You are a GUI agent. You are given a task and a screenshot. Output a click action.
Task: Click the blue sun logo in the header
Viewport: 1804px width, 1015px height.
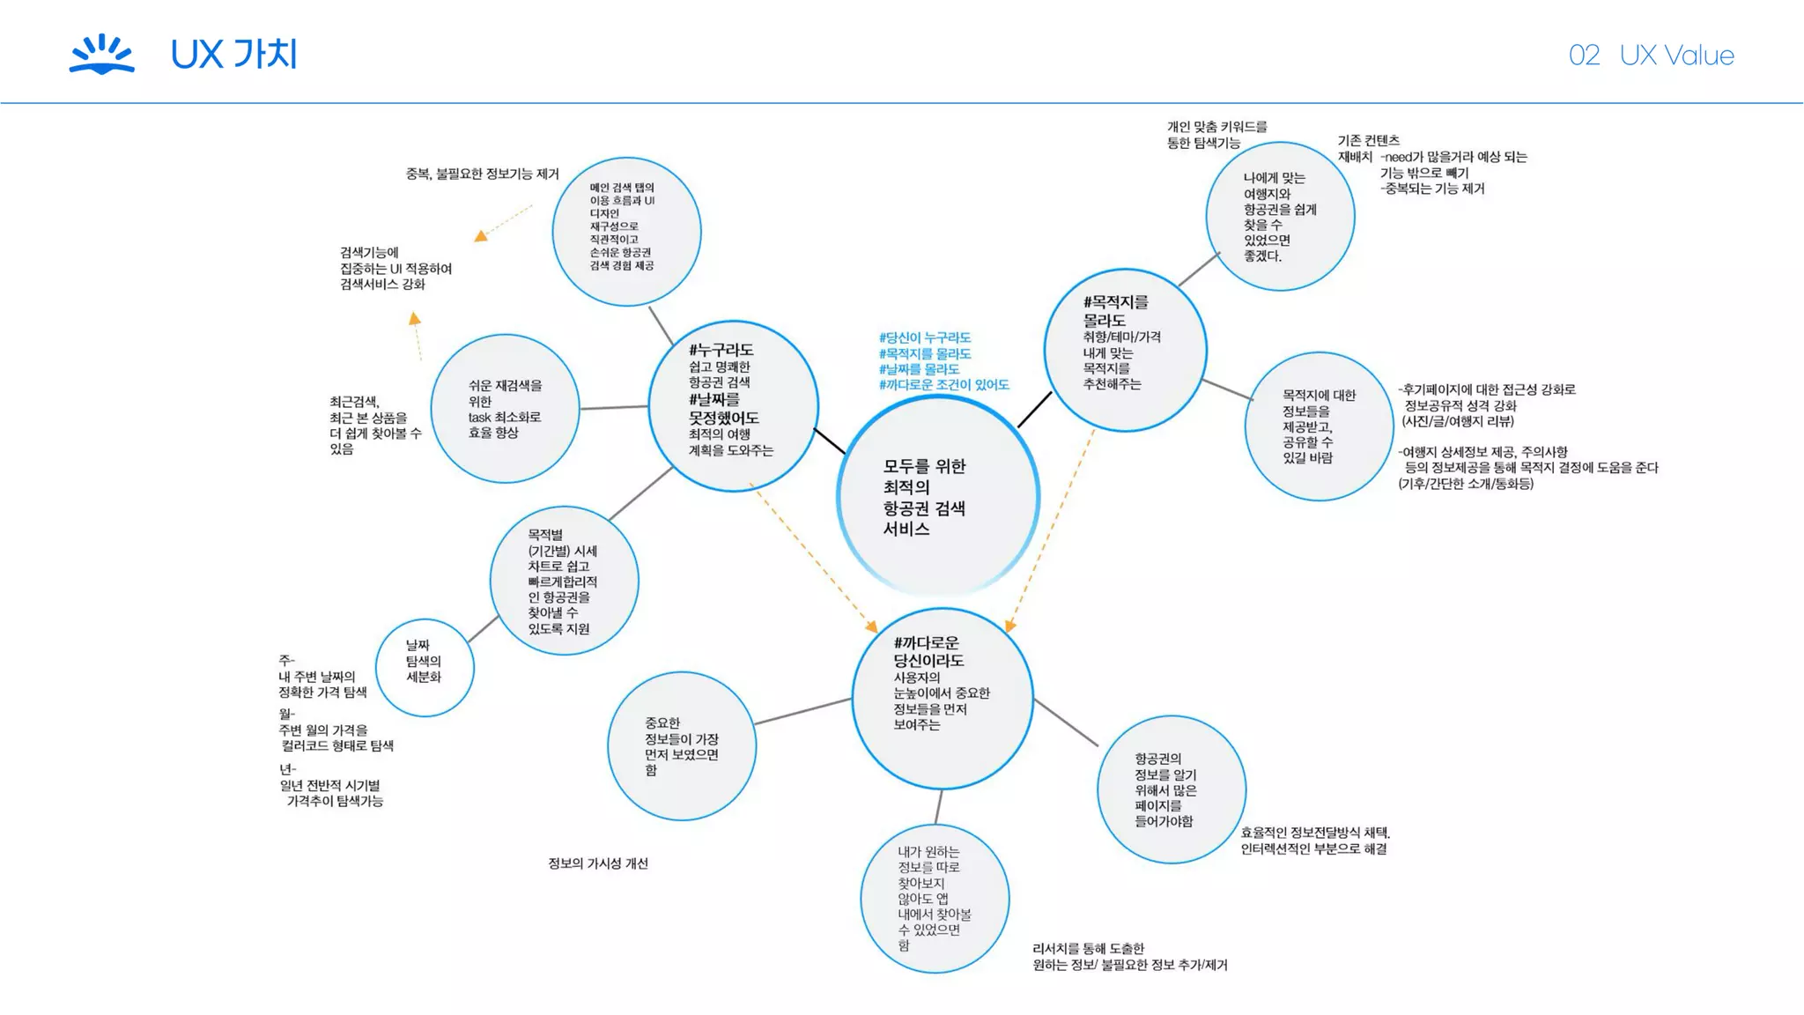pyautogui.click(x=102, y=54)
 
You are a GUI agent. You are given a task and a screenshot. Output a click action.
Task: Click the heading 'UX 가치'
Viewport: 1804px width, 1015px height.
pyautogui.click(x=233, y=55)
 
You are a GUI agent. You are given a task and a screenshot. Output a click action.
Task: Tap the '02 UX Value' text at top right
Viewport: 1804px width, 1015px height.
pyautogui.click(x=1651, y=56)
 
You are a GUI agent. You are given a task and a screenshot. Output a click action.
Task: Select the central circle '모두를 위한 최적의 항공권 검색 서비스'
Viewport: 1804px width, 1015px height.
pyautogui.click(x=938, y=496)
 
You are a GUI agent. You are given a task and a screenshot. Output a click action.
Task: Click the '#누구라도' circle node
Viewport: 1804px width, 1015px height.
pyautogui.click(x=733, y=406)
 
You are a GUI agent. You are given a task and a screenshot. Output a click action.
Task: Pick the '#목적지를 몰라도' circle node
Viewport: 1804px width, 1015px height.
pyautogui.click(x=1125, y=350)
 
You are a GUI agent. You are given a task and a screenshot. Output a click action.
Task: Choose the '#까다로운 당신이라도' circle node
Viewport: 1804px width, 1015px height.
pyautogui.click(x=943, y=698)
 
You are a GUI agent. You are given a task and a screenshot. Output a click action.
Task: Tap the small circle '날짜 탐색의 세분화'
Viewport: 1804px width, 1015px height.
pyautogui.click(x=425, y=667)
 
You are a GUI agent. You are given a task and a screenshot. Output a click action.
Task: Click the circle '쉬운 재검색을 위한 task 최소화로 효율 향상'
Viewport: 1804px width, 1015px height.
pyautogui.click(x=505, y=409)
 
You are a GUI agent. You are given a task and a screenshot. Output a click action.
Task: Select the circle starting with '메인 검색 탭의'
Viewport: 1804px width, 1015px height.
pyautogui.click(x=626, y=232)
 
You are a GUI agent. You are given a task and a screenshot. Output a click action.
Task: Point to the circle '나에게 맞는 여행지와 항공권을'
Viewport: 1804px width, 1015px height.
pyautogui.click(x=1280, y=216)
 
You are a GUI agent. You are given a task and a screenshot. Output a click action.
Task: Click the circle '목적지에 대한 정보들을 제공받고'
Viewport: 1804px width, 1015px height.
pyautogui.click(x=1319, y=426)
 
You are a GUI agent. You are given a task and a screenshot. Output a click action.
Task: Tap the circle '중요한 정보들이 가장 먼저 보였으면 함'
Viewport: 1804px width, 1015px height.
pyautogui.click(x=682, y=746)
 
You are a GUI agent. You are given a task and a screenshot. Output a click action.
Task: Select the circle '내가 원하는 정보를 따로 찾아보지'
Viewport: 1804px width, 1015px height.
pyautogui.click(x=935, y=899)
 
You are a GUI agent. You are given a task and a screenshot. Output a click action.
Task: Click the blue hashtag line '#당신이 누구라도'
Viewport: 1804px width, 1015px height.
pyautogui.click(x=925, y=337)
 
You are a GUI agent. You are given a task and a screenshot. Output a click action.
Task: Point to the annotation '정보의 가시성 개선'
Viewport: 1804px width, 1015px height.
pyautogui.click(x=598, y=863)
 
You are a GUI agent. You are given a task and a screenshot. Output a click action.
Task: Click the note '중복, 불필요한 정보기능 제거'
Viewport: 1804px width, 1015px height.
pyautogui.click(x=482, y=174)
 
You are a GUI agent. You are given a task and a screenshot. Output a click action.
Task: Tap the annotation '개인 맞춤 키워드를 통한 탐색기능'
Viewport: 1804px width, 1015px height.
pyautogui.click(x=1216, y=135)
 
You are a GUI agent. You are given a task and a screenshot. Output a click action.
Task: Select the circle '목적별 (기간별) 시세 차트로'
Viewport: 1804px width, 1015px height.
pyautogui.click(x=564, y=581)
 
